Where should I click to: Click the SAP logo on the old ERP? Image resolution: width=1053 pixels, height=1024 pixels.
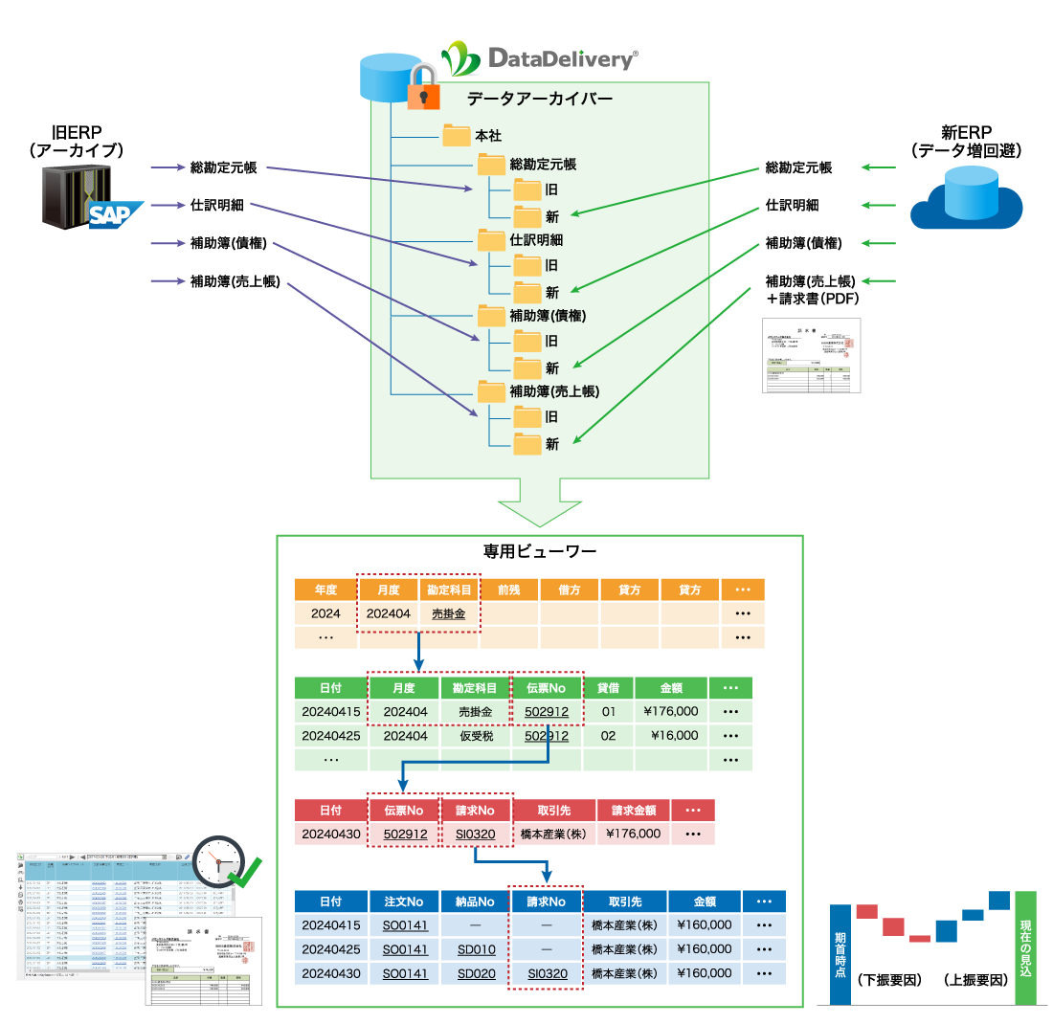(x=116, y=214)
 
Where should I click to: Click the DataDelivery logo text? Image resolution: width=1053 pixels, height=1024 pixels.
(x=561, y=59)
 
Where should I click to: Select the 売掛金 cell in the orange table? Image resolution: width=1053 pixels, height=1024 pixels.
(x=448, y=613)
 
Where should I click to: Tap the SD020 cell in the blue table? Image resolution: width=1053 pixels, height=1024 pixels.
(x=476, y=973)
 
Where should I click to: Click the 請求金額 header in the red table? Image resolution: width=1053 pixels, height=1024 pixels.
(x=633, y=810)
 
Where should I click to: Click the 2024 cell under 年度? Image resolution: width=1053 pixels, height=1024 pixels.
(x=325, y=613)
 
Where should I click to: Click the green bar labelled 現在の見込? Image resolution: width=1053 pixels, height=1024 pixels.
(x=1026, y=947)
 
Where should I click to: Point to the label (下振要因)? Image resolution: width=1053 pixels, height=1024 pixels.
(x=889, y=981)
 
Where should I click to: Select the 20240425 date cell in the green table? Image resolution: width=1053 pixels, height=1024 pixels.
(x=331, y=736)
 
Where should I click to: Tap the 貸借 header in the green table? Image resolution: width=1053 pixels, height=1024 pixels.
(x=608, y=688)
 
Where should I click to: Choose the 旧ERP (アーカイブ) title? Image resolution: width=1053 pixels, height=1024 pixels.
(x=77, y=141)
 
